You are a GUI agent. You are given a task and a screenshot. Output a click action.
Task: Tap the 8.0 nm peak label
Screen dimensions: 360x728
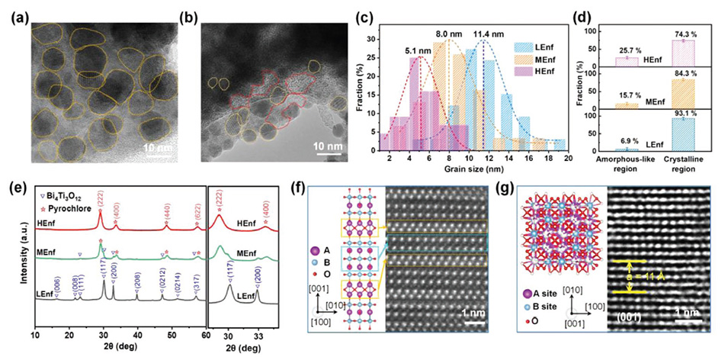click(x=447, y=34)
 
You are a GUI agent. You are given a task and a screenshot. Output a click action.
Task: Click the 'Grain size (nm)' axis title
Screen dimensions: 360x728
click(x=476, y=166)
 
